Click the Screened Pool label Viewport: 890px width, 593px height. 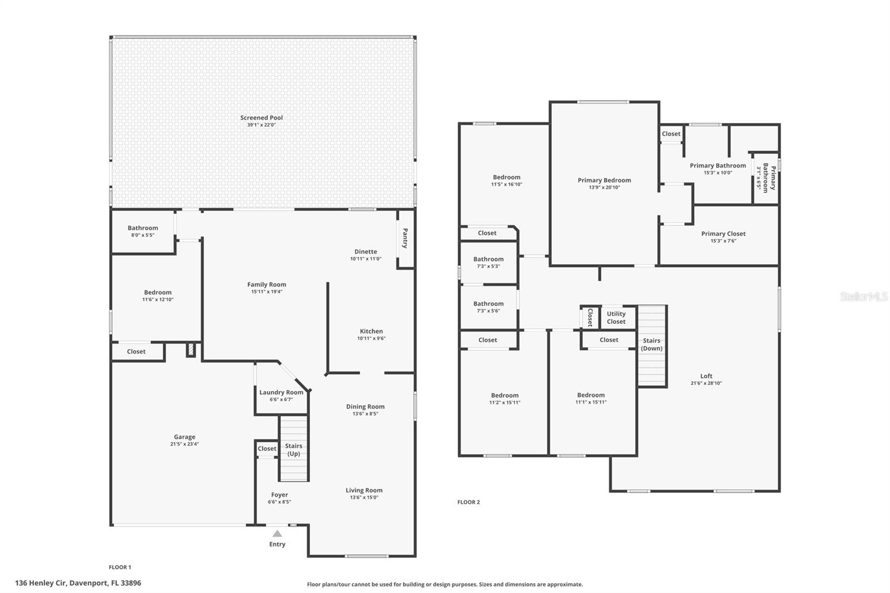tap(261, 118)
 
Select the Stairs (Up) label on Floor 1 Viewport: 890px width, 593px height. tap(294, 449)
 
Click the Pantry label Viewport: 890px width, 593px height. tap(405, 238)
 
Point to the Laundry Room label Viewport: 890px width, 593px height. tap(281, 392)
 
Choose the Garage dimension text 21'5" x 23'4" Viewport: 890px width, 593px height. tap(184, 444)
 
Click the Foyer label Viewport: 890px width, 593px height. tap(279, 495)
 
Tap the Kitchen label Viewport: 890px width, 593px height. tap(371, 331)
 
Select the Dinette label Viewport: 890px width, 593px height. tap(365, 251)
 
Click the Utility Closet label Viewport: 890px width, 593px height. tap(616, 318)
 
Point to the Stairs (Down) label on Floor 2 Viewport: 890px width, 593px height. tap(651, 344)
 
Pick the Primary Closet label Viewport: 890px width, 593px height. tap(723, 234)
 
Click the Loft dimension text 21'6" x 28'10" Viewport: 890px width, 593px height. tap(706, 383)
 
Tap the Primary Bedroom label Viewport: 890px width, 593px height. tap(604, 180)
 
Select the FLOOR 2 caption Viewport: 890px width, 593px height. tap(468, 502)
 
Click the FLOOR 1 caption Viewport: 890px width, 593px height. tap(120, 567)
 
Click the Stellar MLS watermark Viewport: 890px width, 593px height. tap(863, 297)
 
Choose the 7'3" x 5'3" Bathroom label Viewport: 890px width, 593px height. tap(488, 259)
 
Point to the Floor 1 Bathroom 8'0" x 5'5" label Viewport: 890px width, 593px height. tap(143, 228)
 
